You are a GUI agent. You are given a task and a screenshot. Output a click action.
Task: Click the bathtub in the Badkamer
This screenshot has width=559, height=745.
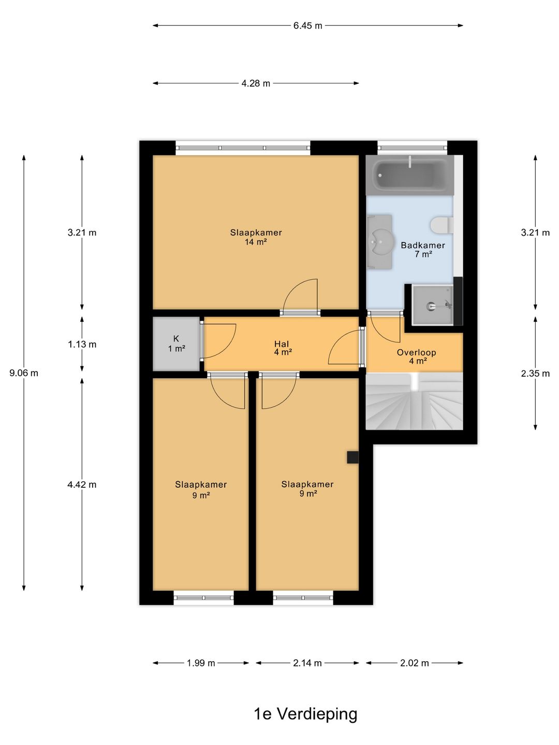point(409,175)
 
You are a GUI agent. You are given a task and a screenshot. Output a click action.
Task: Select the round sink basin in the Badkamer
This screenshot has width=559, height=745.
point(383,242)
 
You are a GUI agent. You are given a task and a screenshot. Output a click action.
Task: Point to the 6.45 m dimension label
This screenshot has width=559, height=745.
point(307,26)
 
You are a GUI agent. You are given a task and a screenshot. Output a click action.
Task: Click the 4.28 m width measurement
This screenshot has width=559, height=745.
point(256,83)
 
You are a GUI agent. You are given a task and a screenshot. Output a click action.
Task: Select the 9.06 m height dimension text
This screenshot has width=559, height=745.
point(24,373)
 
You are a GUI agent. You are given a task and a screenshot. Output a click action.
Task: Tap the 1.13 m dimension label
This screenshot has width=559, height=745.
point(82,344)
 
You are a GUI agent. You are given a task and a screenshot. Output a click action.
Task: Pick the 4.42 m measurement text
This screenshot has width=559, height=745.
point(82,485)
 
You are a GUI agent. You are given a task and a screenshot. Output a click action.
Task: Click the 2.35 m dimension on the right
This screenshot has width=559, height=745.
point(535,374)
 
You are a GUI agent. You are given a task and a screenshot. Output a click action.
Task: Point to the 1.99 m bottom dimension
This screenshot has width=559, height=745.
point(201,663)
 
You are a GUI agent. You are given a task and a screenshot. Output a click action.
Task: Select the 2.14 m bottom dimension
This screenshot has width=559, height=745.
point(307,663)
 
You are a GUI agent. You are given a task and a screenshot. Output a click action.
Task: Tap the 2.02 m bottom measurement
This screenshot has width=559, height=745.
point(415,663)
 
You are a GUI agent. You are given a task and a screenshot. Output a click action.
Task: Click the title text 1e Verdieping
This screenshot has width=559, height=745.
point(305,714)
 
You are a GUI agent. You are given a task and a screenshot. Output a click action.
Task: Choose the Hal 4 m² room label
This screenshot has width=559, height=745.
point(283,348)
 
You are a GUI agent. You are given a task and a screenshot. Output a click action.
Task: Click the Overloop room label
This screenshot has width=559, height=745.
point(417,352)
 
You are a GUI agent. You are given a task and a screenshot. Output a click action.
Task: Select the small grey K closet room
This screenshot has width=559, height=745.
point(176,344)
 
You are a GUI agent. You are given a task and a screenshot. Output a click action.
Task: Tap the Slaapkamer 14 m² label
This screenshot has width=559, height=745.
point(256,237)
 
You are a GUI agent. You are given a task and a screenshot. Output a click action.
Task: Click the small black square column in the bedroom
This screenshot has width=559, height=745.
point(352,457)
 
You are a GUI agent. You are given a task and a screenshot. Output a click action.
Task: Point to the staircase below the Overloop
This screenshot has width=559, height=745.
point(415,401)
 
